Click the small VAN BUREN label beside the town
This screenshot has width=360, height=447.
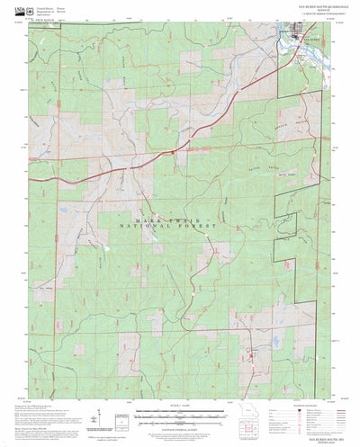click(x=311, y=40)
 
